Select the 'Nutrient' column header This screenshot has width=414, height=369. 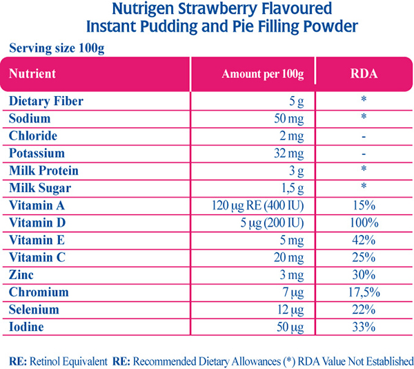[32, 73]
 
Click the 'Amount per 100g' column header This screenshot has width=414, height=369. [263, 73]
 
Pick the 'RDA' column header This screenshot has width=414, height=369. [363, 73]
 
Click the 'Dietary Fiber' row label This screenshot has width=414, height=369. [46, 101]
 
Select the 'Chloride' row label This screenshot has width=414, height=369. [32, 136]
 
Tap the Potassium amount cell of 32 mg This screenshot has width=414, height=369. [289, 153]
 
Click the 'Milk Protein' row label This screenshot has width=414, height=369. [43, 171]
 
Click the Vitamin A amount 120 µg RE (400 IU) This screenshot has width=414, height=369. [259, 205]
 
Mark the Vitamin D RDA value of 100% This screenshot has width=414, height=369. [363, 223]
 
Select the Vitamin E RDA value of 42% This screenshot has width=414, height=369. [363, 240]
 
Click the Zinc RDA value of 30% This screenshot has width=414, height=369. [363, 275]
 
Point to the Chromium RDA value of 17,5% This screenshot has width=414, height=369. [363, 292]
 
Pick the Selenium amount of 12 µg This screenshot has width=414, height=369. [290, 310]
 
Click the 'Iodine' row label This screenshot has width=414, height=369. [27, 327]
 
